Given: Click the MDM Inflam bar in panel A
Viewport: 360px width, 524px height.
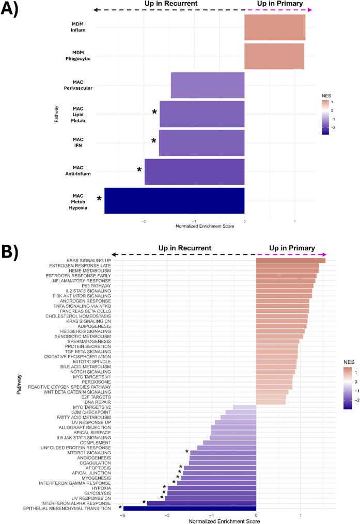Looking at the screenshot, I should pyautogui.click(x=275, y=27).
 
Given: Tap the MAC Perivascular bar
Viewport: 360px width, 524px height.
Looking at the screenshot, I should pyautogui.click(x=208, y=85).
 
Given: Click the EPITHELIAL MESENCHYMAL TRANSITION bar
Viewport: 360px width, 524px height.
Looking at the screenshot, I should pyautogui.click(x=190, y=508).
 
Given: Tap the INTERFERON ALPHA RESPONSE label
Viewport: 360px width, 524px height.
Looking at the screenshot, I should pyautogui.click(x=74, y=502).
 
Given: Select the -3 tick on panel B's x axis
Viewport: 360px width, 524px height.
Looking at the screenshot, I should pyautogui.click(x=122, y=515).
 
